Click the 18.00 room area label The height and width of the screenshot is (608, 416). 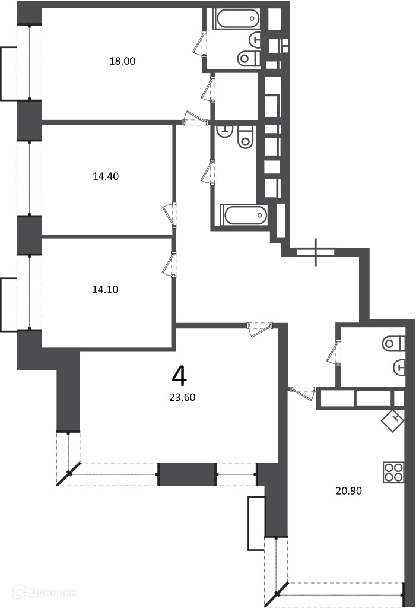pos(122,61)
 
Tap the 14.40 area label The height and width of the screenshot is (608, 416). pos(106,176)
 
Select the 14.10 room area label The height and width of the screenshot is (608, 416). pos(105,289)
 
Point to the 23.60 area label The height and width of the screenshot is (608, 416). pos(182,397)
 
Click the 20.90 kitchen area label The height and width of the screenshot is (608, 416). pos(348,491)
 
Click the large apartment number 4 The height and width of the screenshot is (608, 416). pos(179,376)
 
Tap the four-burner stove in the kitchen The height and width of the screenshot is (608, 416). pos(393,472)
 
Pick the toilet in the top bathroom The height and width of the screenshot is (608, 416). pos(248,59)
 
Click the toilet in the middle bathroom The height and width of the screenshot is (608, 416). pos(245,137)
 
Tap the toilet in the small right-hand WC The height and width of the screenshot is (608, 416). pos(393,343)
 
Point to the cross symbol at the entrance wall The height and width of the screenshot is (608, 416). pos(316,252)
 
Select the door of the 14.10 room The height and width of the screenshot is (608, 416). pos(169,264)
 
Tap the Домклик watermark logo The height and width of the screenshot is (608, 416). pos(45,592)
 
